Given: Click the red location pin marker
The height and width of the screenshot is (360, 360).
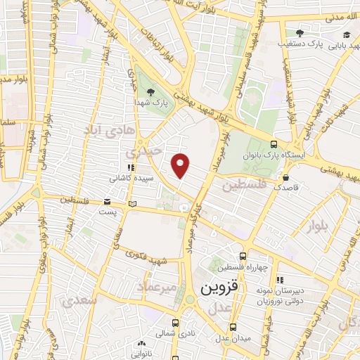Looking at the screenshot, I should tap(181, 165).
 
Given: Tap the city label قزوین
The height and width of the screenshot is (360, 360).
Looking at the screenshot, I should tap(220, 288).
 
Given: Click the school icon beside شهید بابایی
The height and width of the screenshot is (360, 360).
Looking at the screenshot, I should tap(346, 34).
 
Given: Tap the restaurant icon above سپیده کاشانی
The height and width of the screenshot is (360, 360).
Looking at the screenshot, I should tap(131, 168).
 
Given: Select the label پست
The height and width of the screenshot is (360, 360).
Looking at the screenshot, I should tap(106, 212).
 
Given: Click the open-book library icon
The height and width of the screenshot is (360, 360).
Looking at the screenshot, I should tap(133, 204).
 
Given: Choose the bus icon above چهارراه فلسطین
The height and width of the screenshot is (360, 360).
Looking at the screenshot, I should tap(243, 257).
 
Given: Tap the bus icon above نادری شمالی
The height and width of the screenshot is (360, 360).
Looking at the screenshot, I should tap(175, 324).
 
